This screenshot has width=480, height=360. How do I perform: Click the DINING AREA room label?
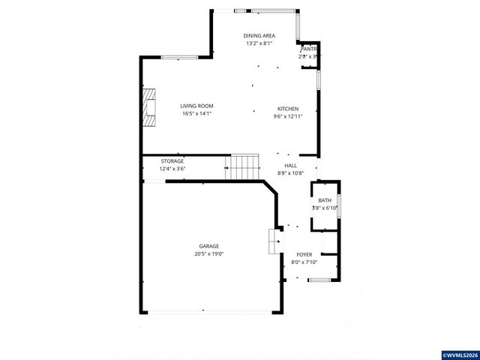pyautogui.click(x=259, y=36)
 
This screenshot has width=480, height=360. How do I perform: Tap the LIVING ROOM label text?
pyautogui.click(x=196, y=106)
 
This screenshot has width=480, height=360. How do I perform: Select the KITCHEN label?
pyautogui.click(x=289, y=109)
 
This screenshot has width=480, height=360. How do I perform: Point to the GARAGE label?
pyautogui.click(x=208, y=246)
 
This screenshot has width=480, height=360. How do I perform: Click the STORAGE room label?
pyautogui.click(x=172, y=161)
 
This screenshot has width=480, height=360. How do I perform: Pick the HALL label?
pyautogui.click(x=289, y=166)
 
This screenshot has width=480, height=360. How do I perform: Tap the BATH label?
pyautogui.click(x=325, y=200)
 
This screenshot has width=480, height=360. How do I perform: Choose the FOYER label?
pyautogui.click(x=304, y=255)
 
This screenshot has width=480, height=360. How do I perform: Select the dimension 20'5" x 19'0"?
pyautogui.click(x=208, y=254)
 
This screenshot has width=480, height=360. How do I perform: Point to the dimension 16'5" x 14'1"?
pyautogui.click(x=196, y=114)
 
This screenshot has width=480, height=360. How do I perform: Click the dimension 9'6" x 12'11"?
pyautogui.click(x=289, y=116)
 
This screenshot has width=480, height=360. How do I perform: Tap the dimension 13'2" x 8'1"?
pyautogui.click(x=259, y=43)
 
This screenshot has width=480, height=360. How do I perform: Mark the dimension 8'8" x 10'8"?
pyautogui.click(x=289, y=173)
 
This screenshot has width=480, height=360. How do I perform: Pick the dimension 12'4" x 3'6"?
pyautogui.click(x=172, y=169)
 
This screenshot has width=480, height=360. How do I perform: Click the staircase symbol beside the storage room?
pyautogui.click(x=244, y=166)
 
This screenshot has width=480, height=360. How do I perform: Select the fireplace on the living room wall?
pyautogui.click(x=151, y=106)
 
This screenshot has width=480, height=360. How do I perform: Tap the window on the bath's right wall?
pyautogui.click(x=340, y=206)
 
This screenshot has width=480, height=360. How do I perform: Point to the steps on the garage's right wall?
pyautogui.click(x=274, y=242)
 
